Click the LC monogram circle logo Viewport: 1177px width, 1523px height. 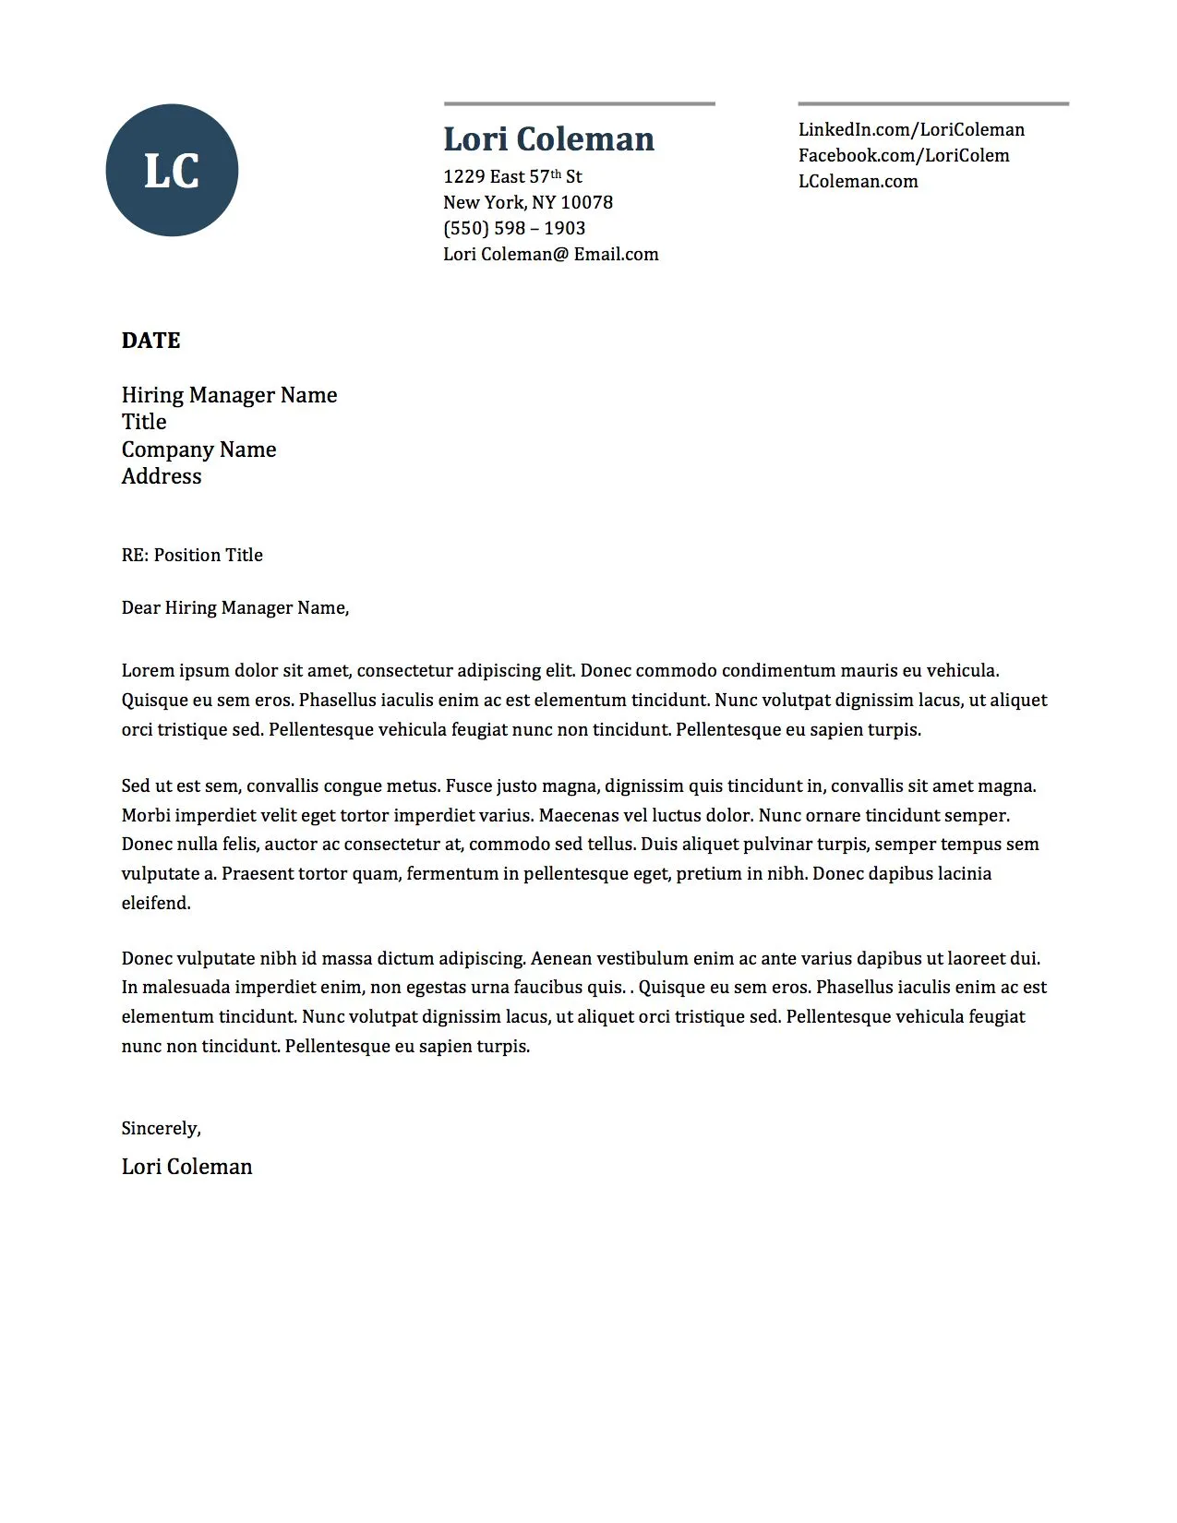[x=172, y=171]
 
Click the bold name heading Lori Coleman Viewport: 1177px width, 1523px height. [x=548, y=139]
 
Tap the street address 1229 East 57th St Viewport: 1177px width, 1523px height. [x=512, y=176]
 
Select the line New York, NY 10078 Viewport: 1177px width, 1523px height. [x=527, y=202]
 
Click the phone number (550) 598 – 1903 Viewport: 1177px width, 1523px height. [x=514, y=228]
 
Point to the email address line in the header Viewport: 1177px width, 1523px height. [x=550, y=254]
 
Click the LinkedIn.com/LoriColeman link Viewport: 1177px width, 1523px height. [x=911, y=130]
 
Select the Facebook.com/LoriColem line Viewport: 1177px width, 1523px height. [x=904, y=156]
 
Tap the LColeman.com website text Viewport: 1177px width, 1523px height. [x=858, y=182]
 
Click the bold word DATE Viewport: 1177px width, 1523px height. [x=150, y=341]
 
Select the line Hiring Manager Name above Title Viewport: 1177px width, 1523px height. [x=229, y=395]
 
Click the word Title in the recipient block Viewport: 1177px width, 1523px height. [x=144, y=422]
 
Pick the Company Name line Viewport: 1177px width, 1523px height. [x=198, y=450]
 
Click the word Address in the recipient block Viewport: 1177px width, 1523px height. [x=162, y=476]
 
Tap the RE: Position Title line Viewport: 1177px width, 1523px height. [x=192, y=555]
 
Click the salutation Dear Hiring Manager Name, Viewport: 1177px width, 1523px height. [x=235, y=607]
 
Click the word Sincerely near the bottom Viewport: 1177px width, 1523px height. [x=160, y=1128]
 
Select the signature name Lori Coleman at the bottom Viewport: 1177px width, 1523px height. [x=186, y=1167]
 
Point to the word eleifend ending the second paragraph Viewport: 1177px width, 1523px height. [x=155, y=903]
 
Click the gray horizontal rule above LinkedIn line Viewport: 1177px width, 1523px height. [x=932, y=103]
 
